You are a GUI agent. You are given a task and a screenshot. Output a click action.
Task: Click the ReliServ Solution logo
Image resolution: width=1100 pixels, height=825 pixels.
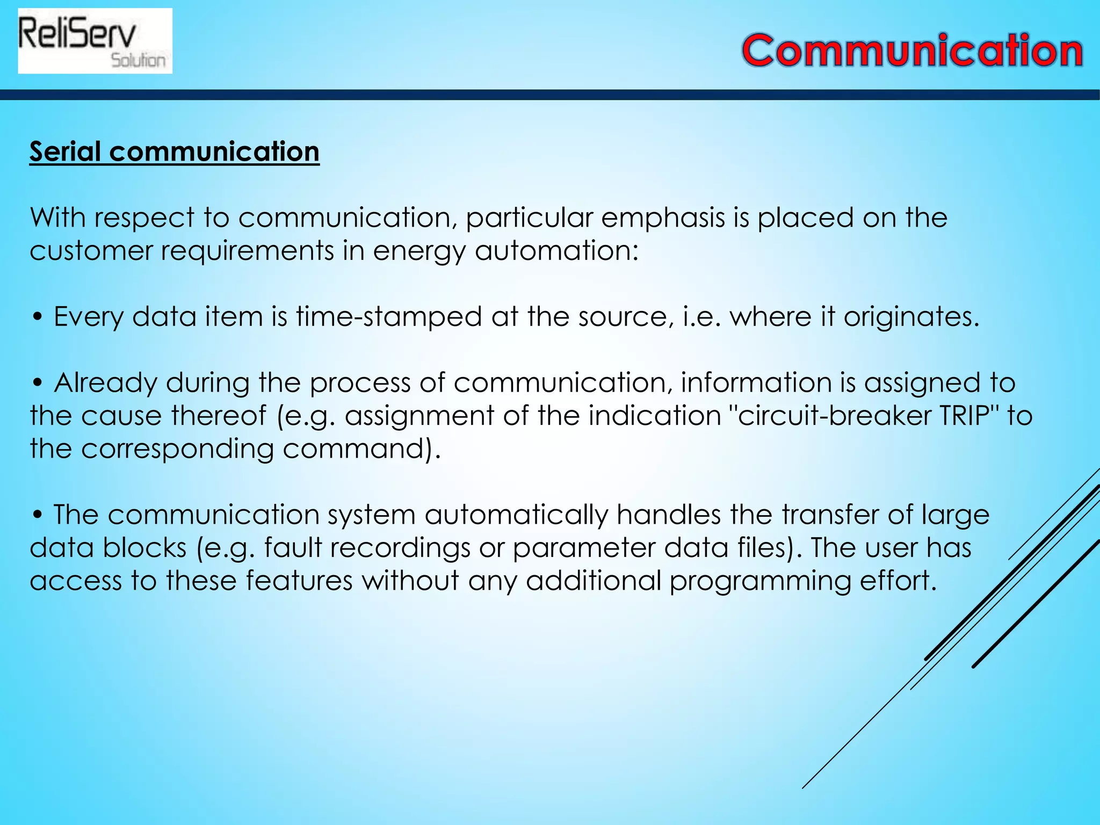pyautogui.click(x=95, y=41)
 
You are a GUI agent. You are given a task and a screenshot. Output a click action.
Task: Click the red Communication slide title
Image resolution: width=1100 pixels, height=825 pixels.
pyautogui.click(x=912, y=51)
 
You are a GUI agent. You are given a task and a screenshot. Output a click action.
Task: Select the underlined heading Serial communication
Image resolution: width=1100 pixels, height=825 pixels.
pyautogui.click(x=174, y=152)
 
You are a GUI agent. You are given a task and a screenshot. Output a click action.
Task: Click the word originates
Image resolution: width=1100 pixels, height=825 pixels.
pyautogui.click(x=911, y=317)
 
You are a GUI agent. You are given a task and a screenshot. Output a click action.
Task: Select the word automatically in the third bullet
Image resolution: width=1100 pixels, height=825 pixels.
pyautogui.click(x=516, y=515)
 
